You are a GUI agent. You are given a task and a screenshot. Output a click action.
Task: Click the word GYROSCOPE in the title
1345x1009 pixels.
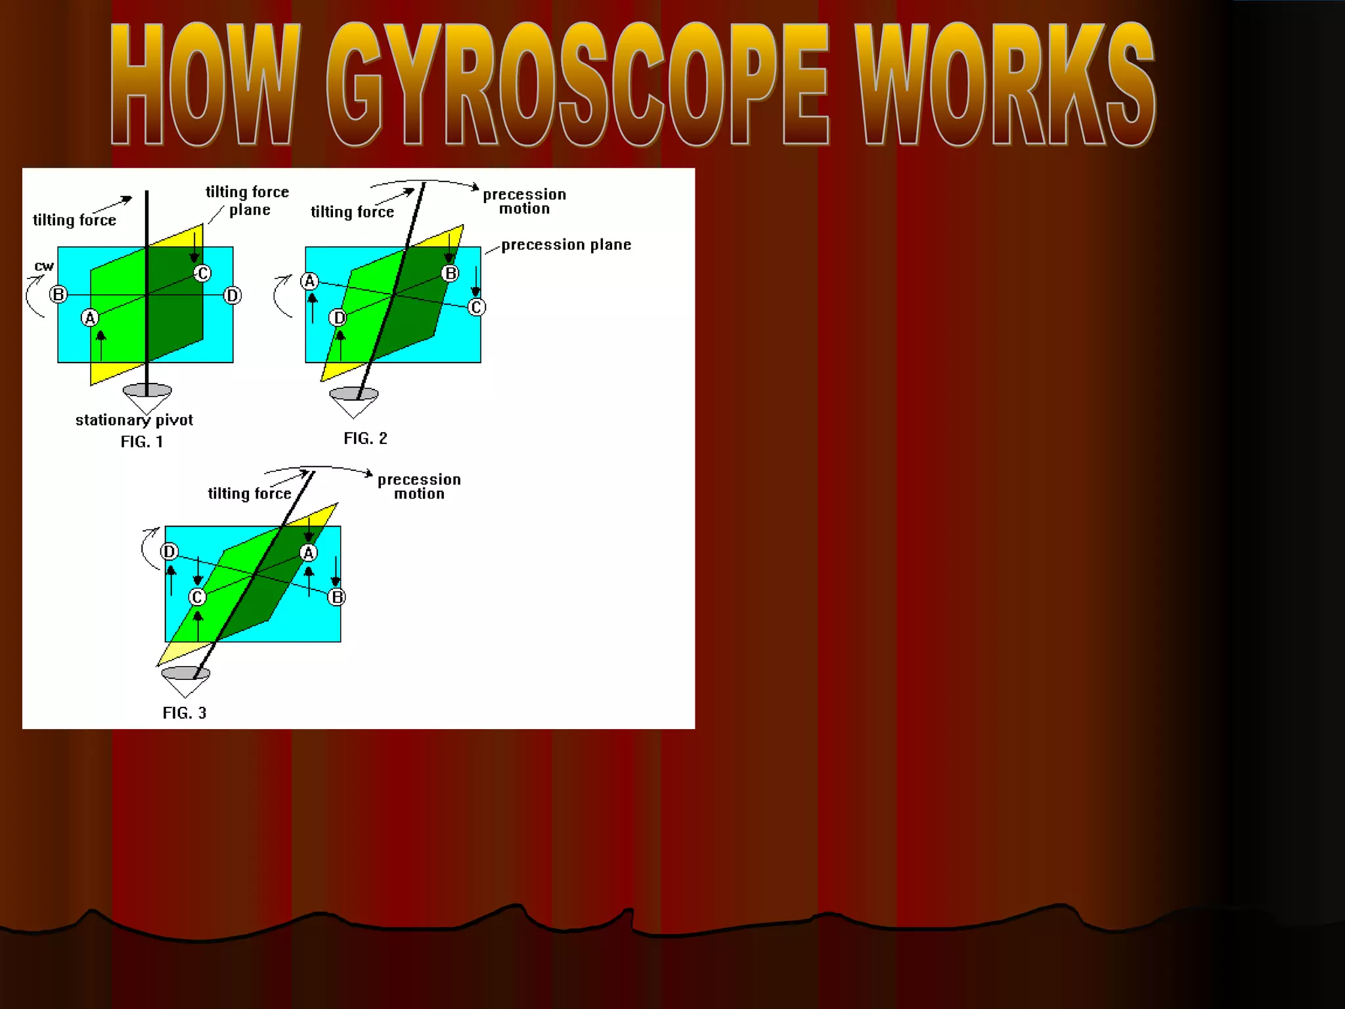point(577,84)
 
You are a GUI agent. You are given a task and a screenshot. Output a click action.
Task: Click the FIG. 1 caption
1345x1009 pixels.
point(141,442)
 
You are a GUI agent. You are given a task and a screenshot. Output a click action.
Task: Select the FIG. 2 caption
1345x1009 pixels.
point(365,439)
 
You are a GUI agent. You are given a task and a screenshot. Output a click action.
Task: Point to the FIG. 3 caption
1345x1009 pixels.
point(185,713)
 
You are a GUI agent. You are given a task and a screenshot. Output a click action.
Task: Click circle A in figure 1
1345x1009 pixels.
point(90,318)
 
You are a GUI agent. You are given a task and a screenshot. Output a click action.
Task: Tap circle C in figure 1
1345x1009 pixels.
point(202,273)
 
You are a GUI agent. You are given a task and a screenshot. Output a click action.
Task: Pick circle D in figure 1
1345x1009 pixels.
point(232,296)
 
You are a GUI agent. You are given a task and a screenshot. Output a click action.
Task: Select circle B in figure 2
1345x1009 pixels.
point(450,273)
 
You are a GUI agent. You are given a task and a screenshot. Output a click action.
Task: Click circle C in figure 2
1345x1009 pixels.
point(476,307)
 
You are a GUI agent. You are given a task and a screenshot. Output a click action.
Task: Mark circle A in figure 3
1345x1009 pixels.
point(308,553)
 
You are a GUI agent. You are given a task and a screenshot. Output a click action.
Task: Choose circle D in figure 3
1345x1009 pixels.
point(169,552)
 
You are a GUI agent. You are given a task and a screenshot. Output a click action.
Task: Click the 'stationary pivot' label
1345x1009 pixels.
point(134,420)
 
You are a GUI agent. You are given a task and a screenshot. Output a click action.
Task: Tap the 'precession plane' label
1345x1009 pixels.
point(566,245)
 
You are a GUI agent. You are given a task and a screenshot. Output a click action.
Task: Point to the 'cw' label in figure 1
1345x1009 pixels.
point(44,266)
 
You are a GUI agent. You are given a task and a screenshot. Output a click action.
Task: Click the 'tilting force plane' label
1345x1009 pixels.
point(248,200)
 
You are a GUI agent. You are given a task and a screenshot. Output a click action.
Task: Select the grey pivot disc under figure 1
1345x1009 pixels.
point(147,391)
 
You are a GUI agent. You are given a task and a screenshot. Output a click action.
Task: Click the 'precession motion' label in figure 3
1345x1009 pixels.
point(419,487)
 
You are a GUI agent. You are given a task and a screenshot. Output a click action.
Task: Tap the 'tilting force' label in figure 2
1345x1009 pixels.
point(352,212)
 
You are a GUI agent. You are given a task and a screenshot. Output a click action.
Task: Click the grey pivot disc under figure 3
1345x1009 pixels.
point(185,673)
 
